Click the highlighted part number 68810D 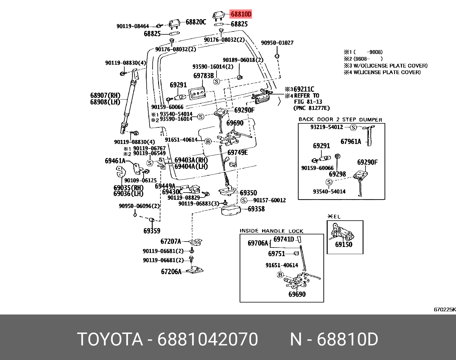pyautogui.click(x=241, y=14)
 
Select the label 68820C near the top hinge pyautogui.click(x=196, y=22)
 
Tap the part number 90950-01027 pyautogui.click(x=277, y=43)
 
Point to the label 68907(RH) pyautogui.click(x=105, y=96)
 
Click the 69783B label pyautogui.click(x=203, y=76)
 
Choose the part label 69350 pyautogui.click(x=248, y=193)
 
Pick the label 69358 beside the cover pyautogui.click(x=256, y=209)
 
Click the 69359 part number pyautogui.click(x=152, y=231)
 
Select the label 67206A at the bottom pyautogui.click(x=171, y=272)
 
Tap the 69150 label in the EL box pyautogui.click(x=344, y=244)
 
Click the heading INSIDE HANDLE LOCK pyautogui.click(x=271, y=231)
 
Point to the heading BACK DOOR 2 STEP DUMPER pyautogui.click(x=340, y=120)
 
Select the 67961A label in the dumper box pyautogui.click(x=351, y=141)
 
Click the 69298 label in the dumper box pyautogui.click(x=337, y=174)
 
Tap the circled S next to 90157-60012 pyautogui.click(x=244, y=200)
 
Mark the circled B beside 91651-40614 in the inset pyautogui.click(x=280, y=275)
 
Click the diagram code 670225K pyautogui.click(x=444, y=309)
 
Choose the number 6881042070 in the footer pyautogui.click(x=207, y=339)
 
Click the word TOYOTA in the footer pyautogui.click(x=110, y=339)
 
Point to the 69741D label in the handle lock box pyautogui.click(x=284, y=239)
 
